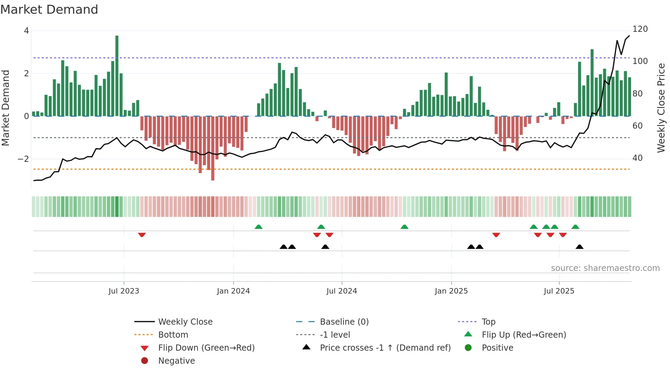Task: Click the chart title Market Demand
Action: coord(49,9)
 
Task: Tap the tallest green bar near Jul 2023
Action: coord(117,75)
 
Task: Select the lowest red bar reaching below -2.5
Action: coord(213,149)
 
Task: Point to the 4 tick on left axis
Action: coord(26,31)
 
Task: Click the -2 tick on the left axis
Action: coord(23,159)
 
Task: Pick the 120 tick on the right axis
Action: coord(640,29)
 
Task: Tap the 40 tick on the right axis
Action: coord(637,158)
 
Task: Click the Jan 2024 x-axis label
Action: coord(233,291)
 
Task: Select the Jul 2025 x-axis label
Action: coord(559,291)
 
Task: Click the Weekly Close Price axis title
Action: coord(661,108)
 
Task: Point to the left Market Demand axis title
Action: coord(5,108)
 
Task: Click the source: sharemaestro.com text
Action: coord(605,268)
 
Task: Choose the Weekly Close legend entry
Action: coord(185,322)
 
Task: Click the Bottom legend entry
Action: coord(173,335)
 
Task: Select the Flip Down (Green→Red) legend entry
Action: coord(206,348)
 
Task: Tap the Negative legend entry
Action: coord(176,361)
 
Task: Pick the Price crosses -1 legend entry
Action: coord(385,348)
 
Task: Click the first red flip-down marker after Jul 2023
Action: coord(142,235)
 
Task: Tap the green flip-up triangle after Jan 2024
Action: coord(258,227)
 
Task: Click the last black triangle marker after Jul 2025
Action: coord(579,247)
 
